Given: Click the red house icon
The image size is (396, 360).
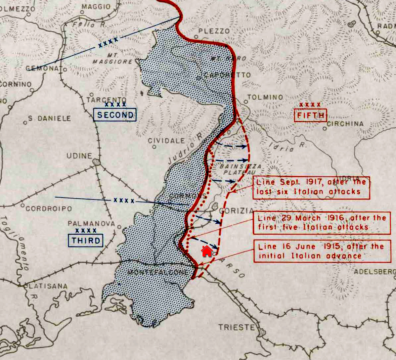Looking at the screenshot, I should [x=207, y=251].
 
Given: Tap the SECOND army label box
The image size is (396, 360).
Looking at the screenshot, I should [x=115, y=115].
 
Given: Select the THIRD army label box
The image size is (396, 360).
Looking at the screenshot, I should [x=86, y=241].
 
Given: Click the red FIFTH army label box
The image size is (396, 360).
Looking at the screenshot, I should [x=310, y=115].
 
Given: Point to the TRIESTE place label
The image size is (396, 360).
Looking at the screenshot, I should [x=237, y=328].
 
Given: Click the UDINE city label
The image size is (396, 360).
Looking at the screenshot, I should [x=79, y=156].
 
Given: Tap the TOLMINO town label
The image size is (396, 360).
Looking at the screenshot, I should [x=265, y=97].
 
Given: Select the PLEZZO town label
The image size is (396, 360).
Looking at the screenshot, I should [x=214, y=31].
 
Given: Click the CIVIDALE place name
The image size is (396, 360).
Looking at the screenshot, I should [x=166, y=141].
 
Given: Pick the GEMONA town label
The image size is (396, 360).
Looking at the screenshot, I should [x=43, y=68].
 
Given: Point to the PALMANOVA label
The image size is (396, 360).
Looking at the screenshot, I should [x=91, y=224].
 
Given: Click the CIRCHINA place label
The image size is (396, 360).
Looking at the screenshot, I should [x=345, y=124].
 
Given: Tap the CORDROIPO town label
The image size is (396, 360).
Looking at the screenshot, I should [x=49, y=209].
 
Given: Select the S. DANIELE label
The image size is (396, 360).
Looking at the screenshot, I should [x=49, y=118].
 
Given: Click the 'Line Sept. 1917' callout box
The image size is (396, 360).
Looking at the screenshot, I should [x=311, y=188].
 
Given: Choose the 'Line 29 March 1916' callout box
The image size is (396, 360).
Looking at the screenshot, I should [x=322, y=223].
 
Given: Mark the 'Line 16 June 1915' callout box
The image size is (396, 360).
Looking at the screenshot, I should [x=322, y=251].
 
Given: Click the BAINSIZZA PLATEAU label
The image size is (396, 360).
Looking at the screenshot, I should [x=236, y=169].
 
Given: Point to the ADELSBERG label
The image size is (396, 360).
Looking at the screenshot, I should [x=374, y=272].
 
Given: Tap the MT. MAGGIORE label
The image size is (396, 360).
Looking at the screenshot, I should [x=112, y=58].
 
